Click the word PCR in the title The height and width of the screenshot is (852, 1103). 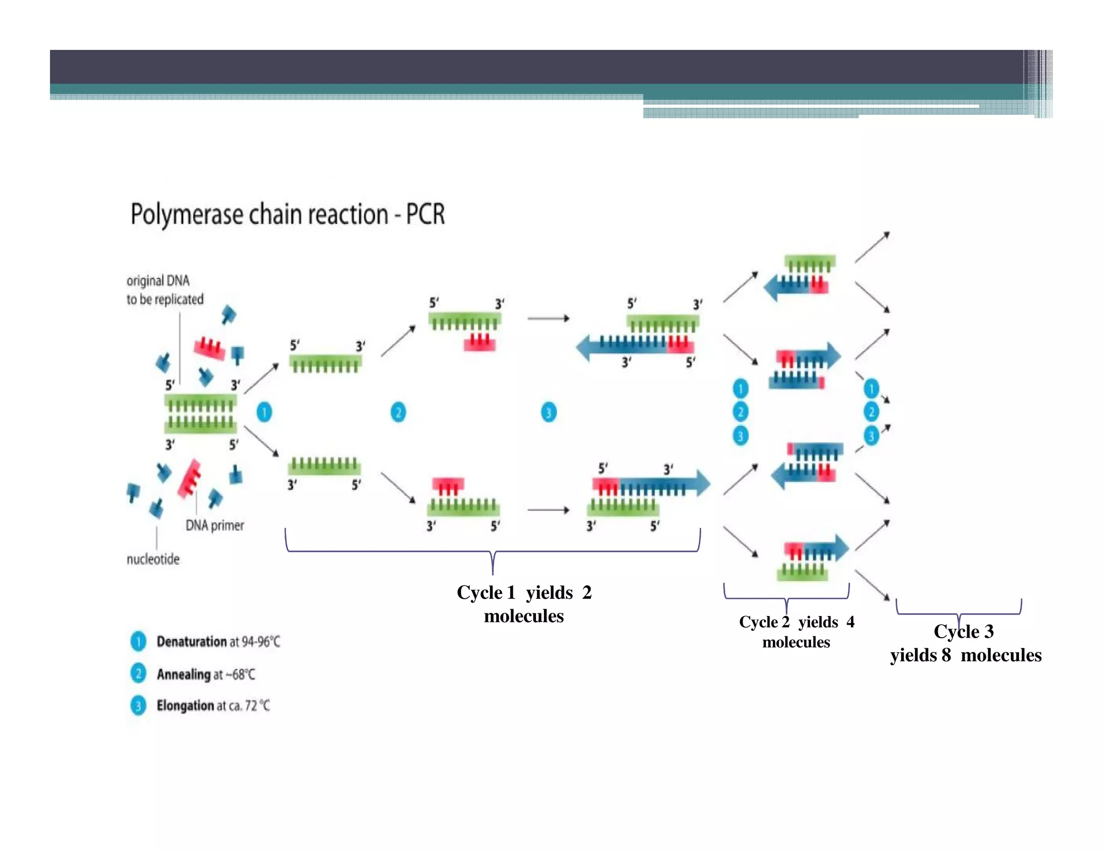(425, 214)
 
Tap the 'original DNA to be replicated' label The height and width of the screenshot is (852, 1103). (164, 290)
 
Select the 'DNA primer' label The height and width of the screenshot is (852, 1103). (214, 525)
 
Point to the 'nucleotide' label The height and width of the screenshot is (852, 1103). (153, 559)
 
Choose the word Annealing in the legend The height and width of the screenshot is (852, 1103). (183, 674)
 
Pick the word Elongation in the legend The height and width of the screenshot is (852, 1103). (185, 706)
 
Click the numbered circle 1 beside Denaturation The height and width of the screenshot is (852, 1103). (138, 641)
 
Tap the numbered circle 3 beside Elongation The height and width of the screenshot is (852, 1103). (138, 706)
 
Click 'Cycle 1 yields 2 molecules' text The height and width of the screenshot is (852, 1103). (523, 604)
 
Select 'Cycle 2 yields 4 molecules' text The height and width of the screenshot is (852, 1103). (796, 632)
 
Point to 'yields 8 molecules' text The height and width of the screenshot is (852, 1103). (965, 655)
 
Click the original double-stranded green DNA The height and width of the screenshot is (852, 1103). (200, 414)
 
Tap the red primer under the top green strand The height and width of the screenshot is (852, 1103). (479, 342)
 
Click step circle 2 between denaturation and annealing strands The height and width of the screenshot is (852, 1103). (398, 413)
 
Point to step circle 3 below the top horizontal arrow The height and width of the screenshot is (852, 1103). (548, 413)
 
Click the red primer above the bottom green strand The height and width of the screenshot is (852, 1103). (448, 485)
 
